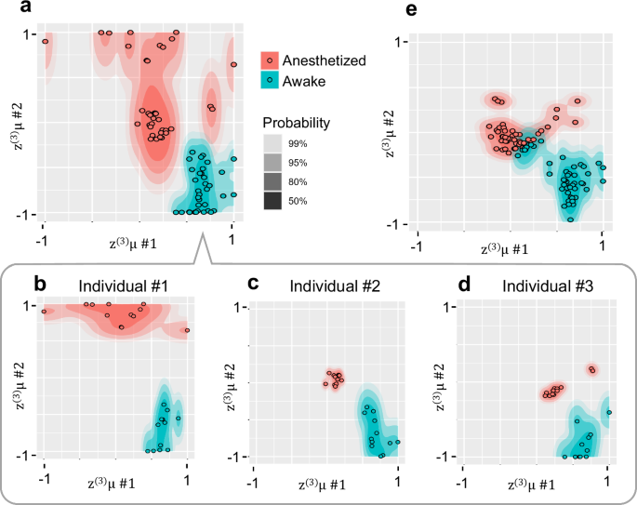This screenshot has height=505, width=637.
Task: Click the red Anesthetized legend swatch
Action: [271, 60]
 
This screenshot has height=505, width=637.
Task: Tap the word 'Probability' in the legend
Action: [297, 122]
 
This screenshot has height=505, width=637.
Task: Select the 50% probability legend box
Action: [272, 200]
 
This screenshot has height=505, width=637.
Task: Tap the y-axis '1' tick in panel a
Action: [31, 35]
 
